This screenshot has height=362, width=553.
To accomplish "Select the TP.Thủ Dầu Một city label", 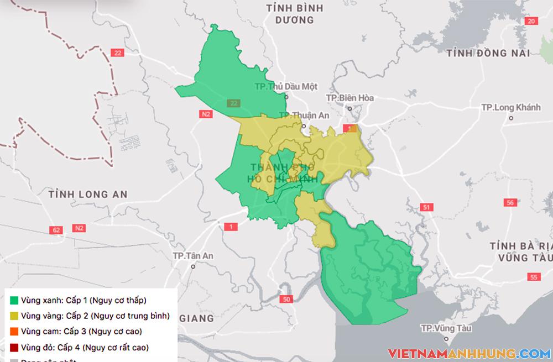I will tap(286, 87).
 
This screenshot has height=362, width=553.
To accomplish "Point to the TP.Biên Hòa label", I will tap(350, 98).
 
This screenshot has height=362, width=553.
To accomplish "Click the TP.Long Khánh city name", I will tap(510, 107).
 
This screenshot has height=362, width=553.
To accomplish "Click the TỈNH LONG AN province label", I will tap(88, 195).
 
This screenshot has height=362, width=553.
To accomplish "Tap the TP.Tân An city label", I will tap(192, 256).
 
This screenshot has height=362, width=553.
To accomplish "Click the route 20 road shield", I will tap(531, 21).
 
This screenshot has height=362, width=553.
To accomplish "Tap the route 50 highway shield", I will tap(285, 300).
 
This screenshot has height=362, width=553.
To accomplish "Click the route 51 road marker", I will tap(425, 207).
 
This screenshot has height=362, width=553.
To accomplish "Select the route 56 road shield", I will tap(510, 203).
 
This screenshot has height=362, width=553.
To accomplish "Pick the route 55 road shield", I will tap(534, 277).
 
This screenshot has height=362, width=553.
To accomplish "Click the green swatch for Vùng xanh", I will tap(15, 301).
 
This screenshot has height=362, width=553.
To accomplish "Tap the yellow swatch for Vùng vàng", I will tap(15, 316).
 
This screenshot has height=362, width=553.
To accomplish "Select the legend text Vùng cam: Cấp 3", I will tap(81, 332).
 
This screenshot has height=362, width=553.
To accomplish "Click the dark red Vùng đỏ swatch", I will tap(15, 348).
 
